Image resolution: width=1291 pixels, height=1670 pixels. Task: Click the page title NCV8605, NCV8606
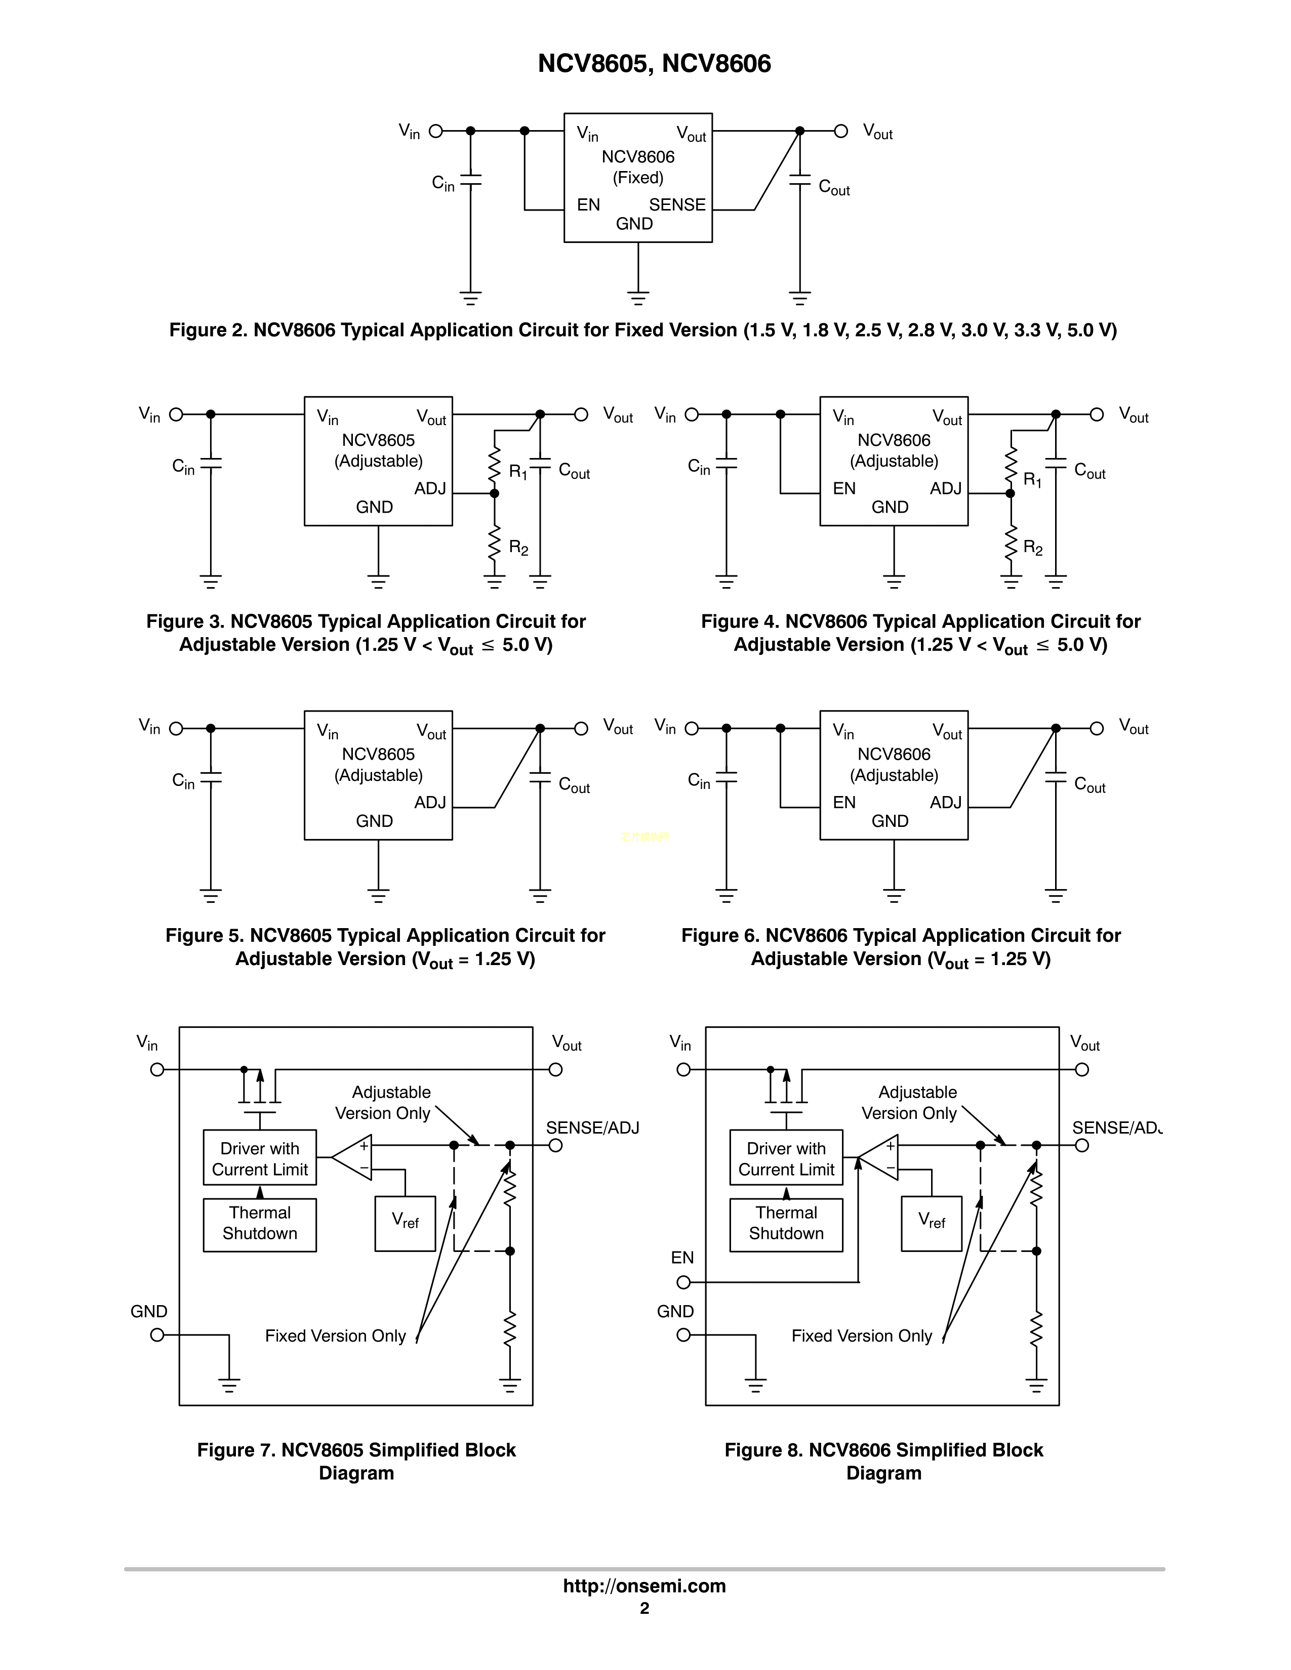click(654, 63)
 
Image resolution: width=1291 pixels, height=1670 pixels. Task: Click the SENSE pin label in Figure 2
click(677, 205)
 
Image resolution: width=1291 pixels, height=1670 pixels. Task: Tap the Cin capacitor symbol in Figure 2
click(470, 180)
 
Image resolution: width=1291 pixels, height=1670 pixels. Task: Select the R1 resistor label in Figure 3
click(518, 472)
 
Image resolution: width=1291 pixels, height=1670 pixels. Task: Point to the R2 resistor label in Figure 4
click(1032, 548)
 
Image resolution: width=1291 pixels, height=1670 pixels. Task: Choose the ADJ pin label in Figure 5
click(430, 802)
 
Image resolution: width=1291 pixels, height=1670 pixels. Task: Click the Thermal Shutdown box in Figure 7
click(260, 1224)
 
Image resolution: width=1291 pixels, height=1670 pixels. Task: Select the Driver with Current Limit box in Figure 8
click(786, 1158)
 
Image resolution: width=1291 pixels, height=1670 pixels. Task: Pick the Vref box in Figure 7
click(406, 1224)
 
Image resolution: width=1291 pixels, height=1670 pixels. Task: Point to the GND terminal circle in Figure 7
click(157, 1335)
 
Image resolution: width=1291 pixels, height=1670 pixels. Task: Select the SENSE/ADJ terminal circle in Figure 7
click(556, 1145)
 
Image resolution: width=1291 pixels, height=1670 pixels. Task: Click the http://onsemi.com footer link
click(644, 1586)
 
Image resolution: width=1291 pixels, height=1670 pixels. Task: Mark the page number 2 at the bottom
click(644, 1609)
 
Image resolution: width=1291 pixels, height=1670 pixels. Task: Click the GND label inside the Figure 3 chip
click(374, 507)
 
